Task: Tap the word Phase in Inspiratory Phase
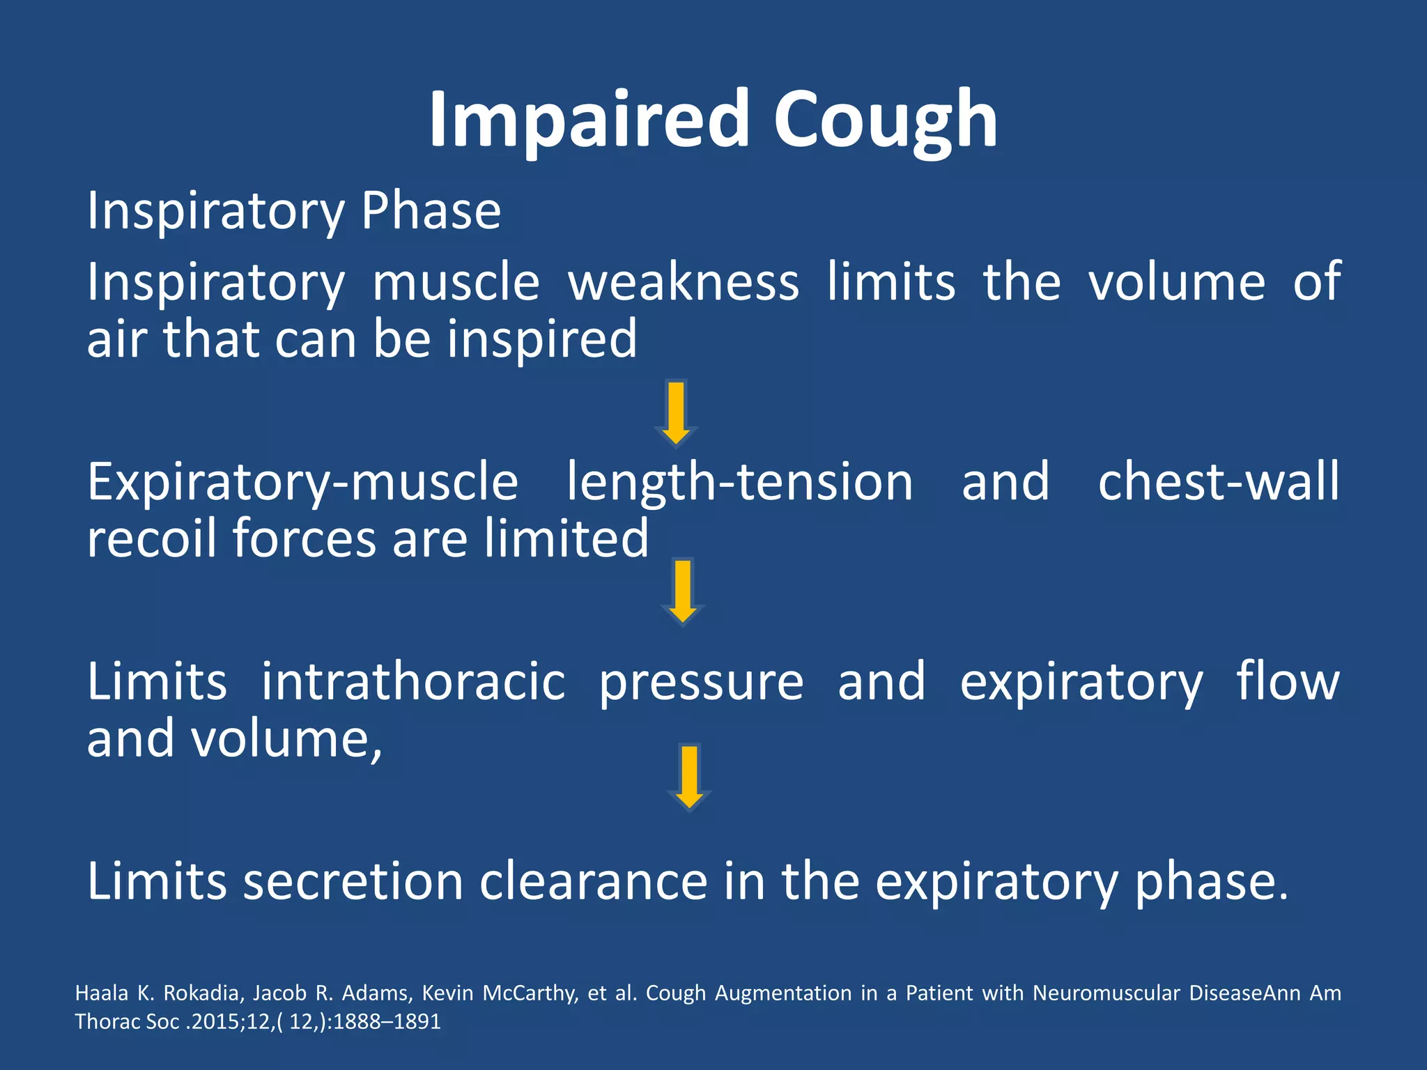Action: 431,211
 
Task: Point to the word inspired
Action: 541,339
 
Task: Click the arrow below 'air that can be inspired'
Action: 676,412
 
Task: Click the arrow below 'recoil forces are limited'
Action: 683,591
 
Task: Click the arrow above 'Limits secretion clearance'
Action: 689,777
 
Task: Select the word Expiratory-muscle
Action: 302,483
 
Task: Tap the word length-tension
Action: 739,483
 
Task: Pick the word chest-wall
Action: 1218,483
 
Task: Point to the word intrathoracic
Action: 413,682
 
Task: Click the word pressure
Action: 701,683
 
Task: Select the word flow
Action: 1288,682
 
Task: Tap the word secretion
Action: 353,882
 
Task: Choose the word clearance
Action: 594,882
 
